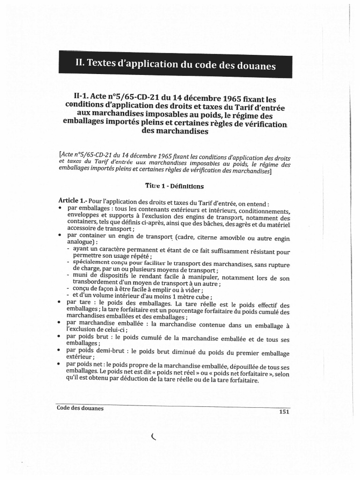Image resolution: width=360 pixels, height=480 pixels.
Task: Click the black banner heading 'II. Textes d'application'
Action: tap(175, 64)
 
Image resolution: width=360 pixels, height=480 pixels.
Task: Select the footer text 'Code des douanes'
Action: tap(80, 408)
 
